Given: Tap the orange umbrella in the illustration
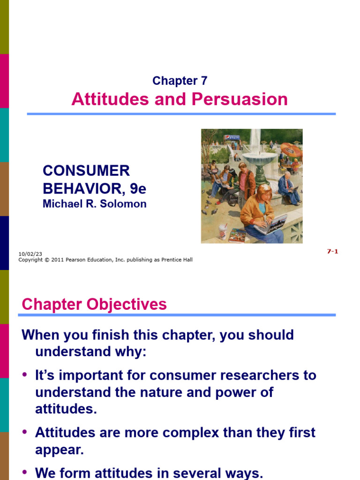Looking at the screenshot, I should (292, 151).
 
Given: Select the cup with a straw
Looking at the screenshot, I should (223, 231).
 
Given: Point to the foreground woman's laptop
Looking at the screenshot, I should (272, 224).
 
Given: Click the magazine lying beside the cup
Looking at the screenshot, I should (237, 235).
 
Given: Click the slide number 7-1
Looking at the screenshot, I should (332, 251).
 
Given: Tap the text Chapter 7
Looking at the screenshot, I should (180, 81).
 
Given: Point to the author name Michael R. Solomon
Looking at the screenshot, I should (95, 204).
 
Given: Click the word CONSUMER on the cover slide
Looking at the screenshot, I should (86, 171).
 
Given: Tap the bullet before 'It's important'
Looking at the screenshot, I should (25, 375).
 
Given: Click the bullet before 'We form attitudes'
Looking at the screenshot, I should (25, 472).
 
